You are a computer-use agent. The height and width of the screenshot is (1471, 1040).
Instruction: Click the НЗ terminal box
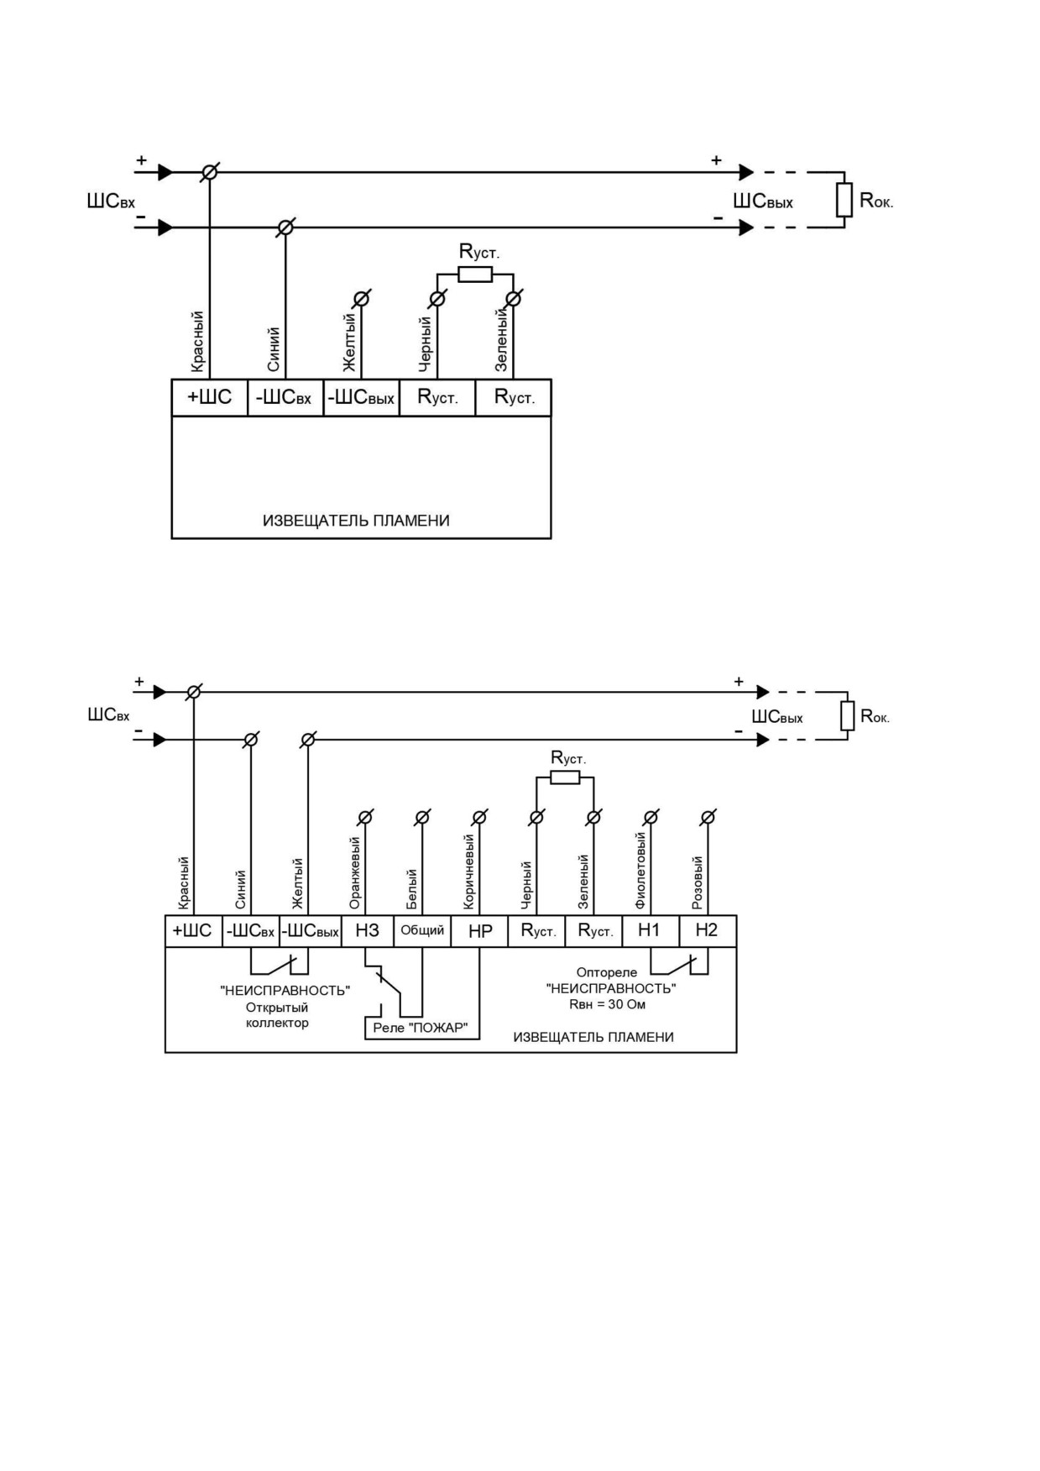click(368, 931)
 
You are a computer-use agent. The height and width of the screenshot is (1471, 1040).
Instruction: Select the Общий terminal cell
click(422, 931)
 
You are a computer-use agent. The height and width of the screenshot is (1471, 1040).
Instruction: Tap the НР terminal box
click(479, 931)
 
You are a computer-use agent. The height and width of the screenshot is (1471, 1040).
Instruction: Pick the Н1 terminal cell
click(651, 931)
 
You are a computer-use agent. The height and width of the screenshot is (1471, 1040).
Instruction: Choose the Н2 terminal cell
click(708, 931)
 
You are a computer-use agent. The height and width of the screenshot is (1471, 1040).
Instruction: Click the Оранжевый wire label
click(354, 872)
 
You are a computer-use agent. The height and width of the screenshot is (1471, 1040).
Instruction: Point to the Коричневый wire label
click(468, 871)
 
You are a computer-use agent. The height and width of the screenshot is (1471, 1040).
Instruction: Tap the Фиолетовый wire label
click(640, 871)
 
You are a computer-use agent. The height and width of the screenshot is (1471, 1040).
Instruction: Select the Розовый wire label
click(697, 882)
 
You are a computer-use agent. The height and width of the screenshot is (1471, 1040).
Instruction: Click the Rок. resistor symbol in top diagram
click(844, 200)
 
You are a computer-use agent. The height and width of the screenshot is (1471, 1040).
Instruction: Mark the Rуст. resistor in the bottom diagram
click(565, 777)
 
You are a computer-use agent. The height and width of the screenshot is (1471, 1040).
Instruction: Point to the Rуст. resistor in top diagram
click(475, 274)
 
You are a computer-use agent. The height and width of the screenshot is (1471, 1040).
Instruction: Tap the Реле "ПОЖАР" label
click(420, 1028)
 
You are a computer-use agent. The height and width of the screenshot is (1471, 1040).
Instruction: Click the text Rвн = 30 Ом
click(608, 1004)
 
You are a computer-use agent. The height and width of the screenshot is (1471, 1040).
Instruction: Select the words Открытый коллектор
click(277, 1015)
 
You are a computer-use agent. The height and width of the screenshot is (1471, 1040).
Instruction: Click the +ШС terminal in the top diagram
click(210, 397)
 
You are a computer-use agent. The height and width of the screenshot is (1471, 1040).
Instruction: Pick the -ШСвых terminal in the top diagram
click(361, 397)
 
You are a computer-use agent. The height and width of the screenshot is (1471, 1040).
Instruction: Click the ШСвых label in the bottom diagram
click(777, 717)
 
